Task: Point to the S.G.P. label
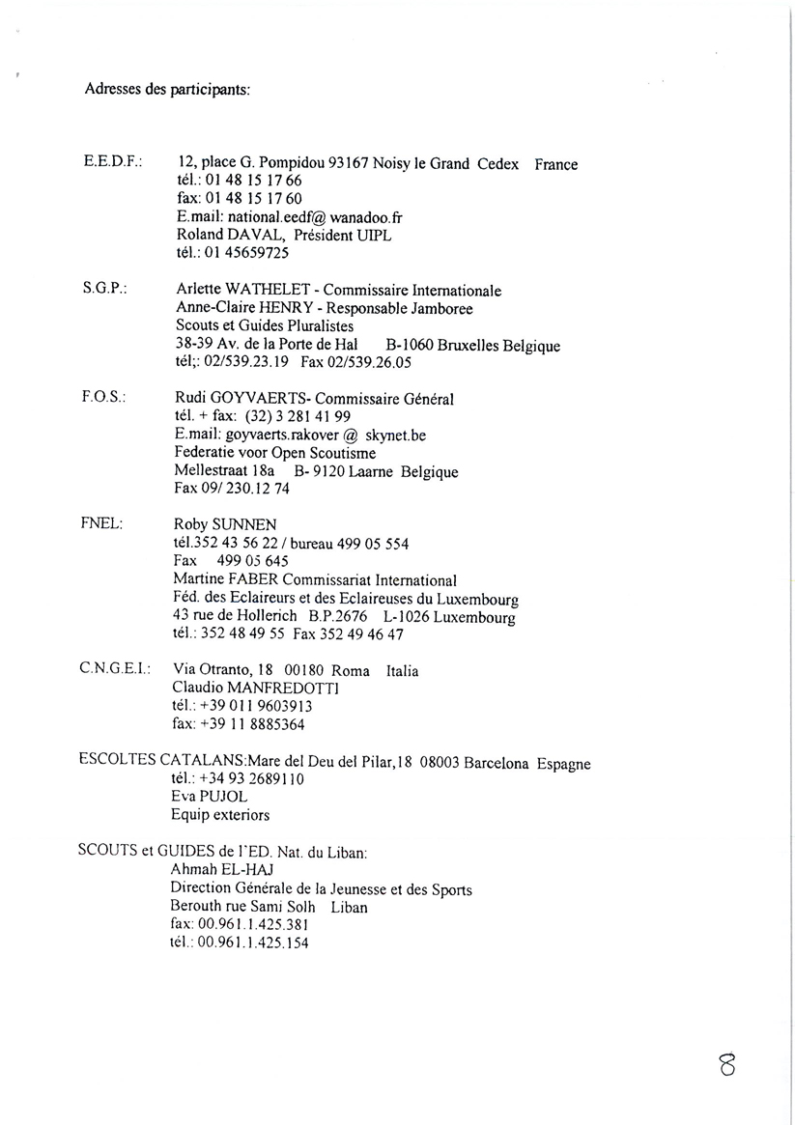pyautogui.click(x=106, y=288)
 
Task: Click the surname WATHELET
pyautogui.click(x=275, y=290)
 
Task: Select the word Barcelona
pyautogui.click(x=496, y=762)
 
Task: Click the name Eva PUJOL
pyautogui.click(x=209, y=797)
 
